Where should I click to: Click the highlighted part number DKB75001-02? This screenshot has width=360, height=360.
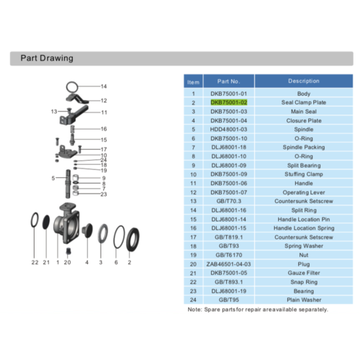coord(229,102)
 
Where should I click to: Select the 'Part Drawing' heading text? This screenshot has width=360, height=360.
coord(47,58)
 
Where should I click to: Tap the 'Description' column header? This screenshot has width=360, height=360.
coord(304,81)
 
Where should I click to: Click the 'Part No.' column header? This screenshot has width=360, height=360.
coord(228,81)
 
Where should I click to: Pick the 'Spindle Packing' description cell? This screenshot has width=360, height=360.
coord(304,147)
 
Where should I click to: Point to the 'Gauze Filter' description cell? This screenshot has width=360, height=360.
coord(304,273)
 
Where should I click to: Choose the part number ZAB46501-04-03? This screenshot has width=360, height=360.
coord(228,264)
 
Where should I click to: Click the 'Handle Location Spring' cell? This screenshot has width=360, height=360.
coord(304,228)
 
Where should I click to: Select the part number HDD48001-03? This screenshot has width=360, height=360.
coord(228,130)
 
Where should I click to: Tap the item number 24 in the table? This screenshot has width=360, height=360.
coord(193,300)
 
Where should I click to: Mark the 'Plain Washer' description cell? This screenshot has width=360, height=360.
coord(304,300)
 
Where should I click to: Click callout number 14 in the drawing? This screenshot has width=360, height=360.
coord(104,86)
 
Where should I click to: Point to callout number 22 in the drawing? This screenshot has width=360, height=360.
coord(35,262)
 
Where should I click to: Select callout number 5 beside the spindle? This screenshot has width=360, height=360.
coord(53,178)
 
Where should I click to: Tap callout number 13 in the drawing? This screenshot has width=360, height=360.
coord(54,112)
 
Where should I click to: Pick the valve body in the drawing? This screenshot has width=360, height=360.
coord(66,223)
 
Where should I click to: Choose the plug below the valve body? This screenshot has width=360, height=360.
coord(68,251)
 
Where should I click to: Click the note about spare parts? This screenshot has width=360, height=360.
coord(258,310)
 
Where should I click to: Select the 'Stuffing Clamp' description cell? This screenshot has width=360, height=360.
coord(304,174)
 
